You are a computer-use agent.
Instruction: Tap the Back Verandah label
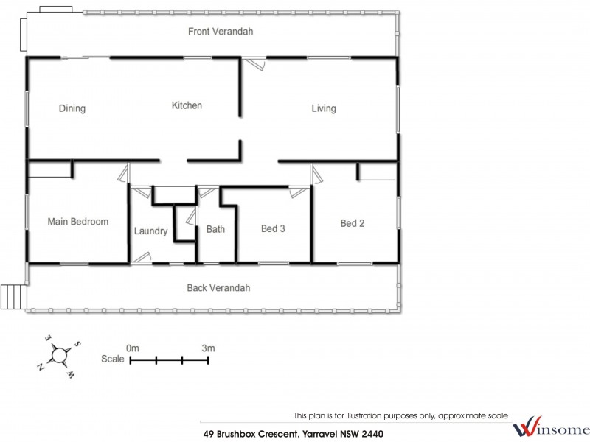[x=218, y=287]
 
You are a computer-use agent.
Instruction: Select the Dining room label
[x=72, y=108]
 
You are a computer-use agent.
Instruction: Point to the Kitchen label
[x=187, y=105]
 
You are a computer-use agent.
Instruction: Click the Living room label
[x=323, y=108]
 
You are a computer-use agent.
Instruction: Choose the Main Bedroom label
[x=78, y=221]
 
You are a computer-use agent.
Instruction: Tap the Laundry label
[x=150, y=231]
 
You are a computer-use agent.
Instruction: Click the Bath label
[x=215, y=229]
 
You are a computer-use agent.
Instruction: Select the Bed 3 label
[x=273, y=228]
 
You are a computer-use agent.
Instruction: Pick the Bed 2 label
[x=352, y=223]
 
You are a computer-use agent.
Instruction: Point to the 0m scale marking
[x=133, y=348]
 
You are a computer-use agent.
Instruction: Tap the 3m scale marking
[x=208, y=348]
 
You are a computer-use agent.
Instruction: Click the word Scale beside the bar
[x=113, y=359]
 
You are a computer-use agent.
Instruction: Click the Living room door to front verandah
[x=254, y=64]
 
